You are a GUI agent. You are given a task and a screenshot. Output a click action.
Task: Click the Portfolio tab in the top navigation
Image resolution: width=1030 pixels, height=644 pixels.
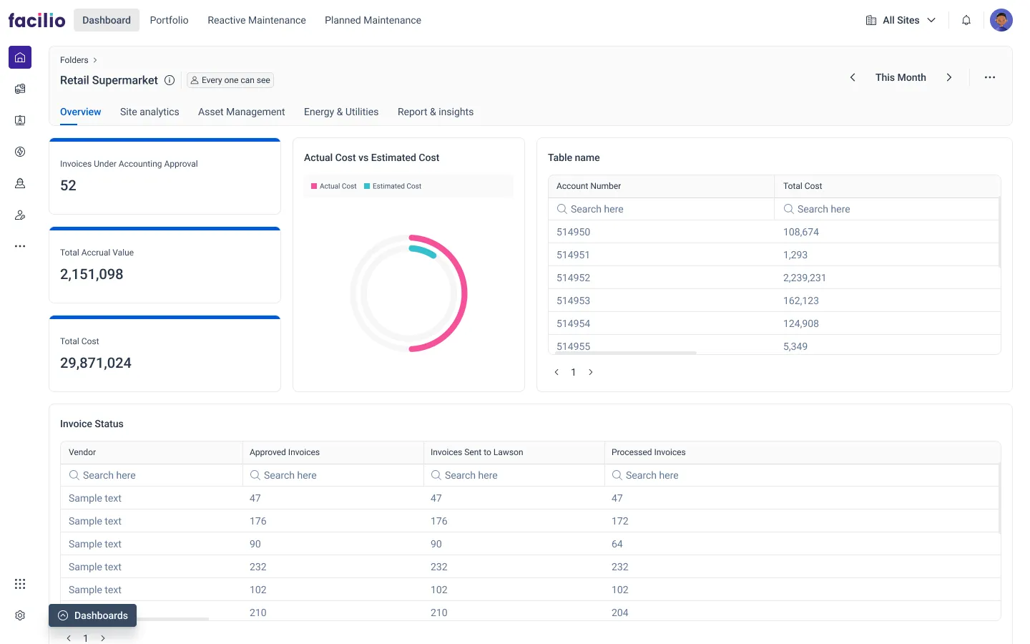click(169, 20)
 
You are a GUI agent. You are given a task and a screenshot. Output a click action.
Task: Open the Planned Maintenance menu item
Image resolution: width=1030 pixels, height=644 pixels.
click(373, 20)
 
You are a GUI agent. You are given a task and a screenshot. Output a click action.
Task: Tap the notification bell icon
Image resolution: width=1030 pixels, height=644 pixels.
click(966, 20)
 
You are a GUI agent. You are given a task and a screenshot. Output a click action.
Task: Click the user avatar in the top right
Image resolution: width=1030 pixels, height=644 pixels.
click(1001, 20)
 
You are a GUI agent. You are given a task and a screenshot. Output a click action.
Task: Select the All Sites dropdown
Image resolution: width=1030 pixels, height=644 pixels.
click(901, 20)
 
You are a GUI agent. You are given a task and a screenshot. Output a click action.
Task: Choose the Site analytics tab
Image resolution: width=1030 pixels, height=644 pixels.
click(149, 112)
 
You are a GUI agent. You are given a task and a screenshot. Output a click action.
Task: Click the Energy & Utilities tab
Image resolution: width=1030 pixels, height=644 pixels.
click(341, 112)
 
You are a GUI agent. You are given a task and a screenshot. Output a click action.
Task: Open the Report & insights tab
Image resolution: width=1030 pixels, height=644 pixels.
click(435, 112)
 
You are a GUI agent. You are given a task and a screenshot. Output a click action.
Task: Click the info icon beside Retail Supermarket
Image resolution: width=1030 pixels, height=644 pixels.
click(170, 80)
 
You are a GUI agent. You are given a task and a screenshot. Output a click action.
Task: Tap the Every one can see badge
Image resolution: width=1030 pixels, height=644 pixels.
click(230, 80)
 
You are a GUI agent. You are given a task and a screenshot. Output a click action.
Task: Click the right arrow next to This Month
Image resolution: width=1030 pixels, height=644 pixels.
click(949, 77)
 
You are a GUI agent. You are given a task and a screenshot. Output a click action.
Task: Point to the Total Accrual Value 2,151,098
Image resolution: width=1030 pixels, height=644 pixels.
click(92, 274)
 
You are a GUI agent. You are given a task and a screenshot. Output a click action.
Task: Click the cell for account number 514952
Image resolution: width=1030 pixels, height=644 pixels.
click(574, 278)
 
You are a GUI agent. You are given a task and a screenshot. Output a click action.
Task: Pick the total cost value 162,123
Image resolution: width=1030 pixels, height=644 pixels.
click(800, 301)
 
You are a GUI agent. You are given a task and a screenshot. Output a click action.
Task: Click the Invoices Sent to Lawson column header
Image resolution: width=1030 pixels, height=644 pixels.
click(477, 452)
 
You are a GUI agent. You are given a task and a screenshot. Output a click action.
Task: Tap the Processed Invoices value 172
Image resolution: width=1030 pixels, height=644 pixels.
click(619, 521)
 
